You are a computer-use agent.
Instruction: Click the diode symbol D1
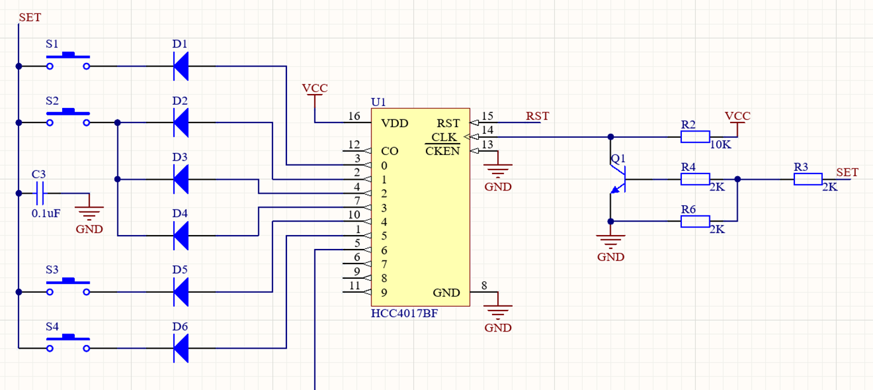coord(181,66)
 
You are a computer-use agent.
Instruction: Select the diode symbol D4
coord(181,236)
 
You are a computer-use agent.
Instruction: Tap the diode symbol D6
coord(181,348)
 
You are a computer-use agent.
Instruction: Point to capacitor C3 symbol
coord(39,193)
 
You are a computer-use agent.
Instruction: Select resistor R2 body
coord(695,137)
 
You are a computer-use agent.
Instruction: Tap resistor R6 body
coord(695,221)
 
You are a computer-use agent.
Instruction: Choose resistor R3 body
coord(808,179)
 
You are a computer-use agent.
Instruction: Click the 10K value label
coord(720,145)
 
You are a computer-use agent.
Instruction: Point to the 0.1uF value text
coord(46,213)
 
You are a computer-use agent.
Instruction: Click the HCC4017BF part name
coord(404,314)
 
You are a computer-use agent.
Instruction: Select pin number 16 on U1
coord(354,116)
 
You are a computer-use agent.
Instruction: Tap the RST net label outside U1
coord(537,116)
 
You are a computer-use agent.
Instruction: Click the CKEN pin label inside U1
coord(442,151)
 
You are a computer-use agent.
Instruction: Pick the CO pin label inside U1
coord(389,151)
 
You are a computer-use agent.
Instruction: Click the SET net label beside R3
coord(847,172)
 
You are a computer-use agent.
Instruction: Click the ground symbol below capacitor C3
coord(89,215)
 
